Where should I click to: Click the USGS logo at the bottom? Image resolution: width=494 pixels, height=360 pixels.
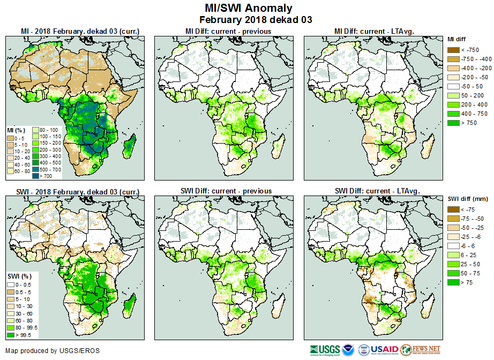point(325,350)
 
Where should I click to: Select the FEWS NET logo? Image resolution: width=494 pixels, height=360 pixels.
point(420,350)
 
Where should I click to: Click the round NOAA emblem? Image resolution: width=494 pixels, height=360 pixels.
point(349,350)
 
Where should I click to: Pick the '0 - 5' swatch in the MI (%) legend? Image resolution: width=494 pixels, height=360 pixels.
point(10,137)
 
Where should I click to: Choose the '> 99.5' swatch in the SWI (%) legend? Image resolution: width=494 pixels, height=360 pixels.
point(10,335)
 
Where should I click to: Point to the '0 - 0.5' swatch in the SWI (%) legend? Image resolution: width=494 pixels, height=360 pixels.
point(10,284)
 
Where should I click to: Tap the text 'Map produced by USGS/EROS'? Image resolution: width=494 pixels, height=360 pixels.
point(53,351)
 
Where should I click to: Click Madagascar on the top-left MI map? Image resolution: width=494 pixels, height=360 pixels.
point(129,146)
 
